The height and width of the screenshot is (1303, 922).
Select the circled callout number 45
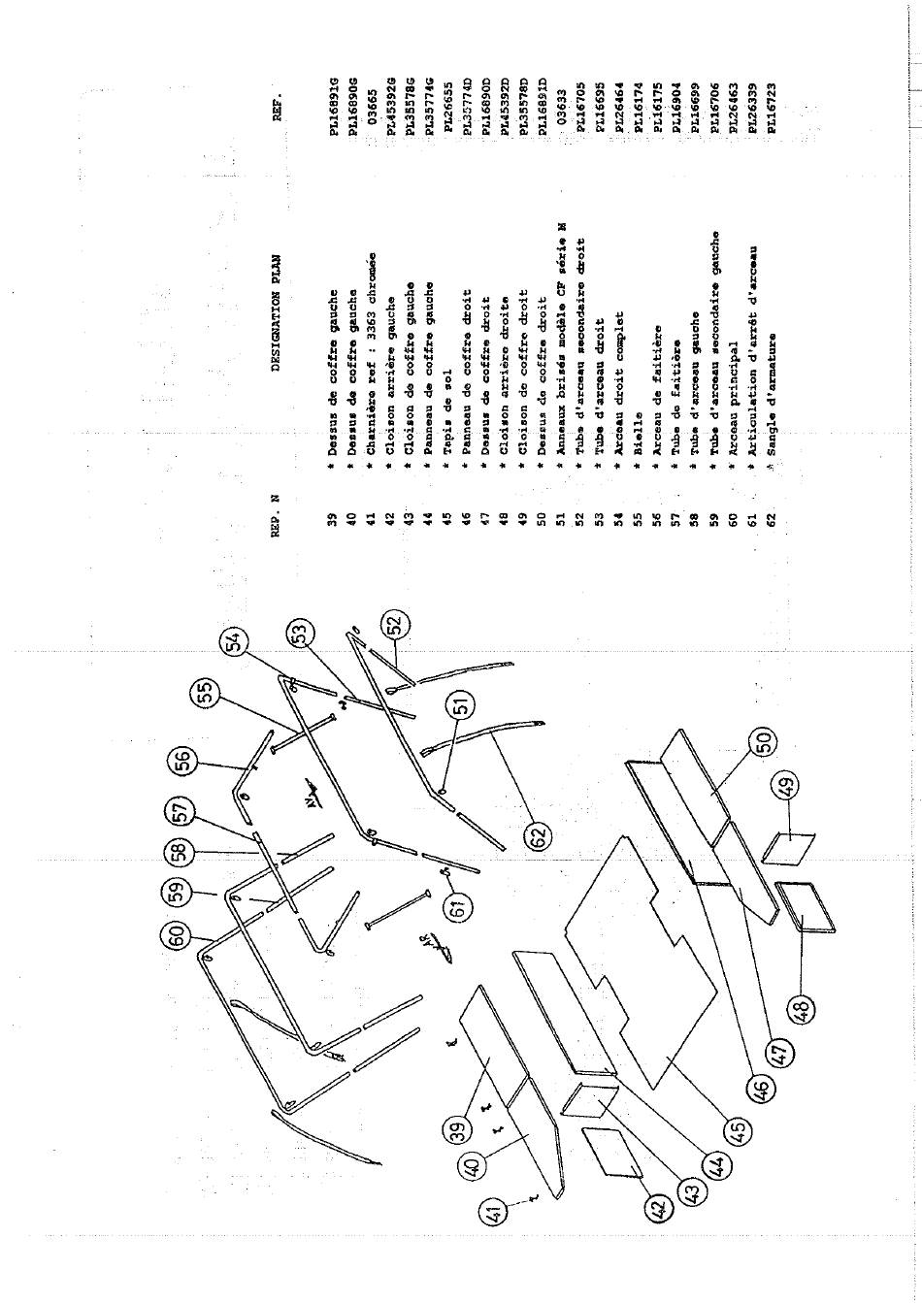click(738, 1132)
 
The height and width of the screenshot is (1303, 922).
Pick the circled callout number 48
click(803, 1010)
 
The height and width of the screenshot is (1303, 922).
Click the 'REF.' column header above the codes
click(278, 108)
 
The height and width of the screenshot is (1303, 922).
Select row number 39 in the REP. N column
click(333, 523)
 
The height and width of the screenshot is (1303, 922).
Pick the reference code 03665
click(372, 100)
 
